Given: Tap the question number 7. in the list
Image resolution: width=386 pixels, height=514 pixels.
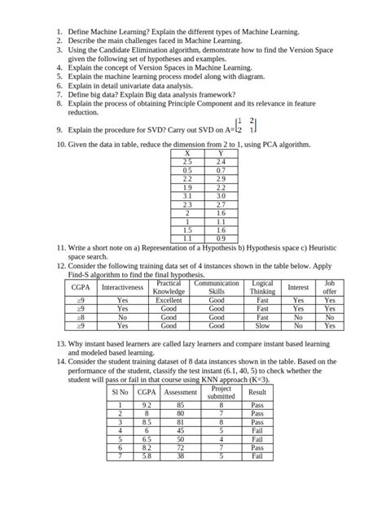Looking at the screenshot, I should [60, 94].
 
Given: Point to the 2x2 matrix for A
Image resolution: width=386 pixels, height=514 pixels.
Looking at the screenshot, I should [246, 124].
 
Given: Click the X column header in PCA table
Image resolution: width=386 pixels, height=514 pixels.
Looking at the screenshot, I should [188, 154].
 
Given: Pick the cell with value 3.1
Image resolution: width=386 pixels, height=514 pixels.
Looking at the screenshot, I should [188, 195].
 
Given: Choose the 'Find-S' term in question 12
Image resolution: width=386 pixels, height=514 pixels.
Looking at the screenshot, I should [82, 276].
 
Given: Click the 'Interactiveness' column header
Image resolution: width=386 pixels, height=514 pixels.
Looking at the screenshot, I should [122, 287].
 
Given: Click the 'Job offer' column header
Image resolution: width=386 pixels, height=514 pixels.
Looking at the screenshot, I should [329, 287].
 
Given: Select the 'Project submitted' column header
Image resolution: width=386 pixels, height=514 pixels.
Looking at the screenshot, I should [222, 391].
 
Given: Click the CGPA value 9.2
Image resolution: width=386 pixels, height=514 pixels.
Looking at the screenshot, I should [147, 404].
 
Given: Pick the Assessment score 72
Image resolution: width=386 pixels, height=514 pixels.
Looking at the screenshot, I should [181, 447].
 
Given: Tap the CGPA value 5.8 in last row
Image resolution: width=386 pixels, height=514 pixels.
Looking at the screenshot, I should [147, 456].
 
